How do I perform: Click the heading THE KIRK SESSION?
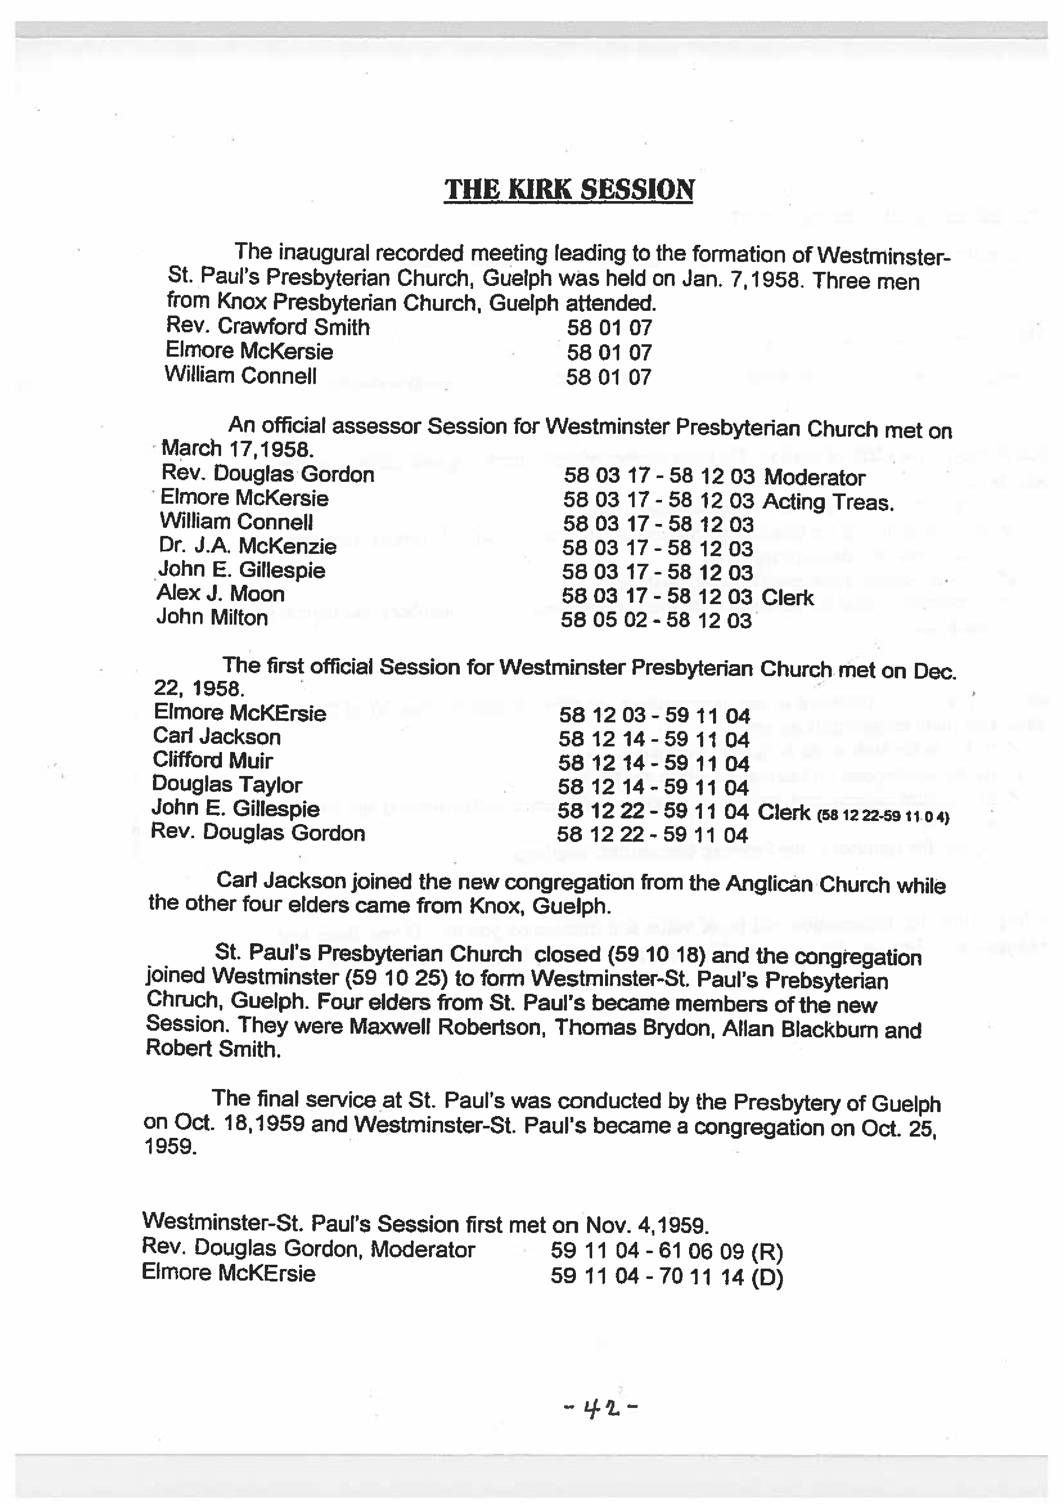click(569, 190)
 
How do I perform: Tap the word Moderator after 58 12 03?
click(814, 477)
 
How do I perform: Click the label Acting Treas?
click(828, 502)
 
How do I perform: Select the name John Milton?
click(212, 617)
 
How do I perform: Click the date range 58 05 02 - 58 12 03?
click(656, 620)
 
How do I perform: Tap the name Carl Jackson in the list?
click(217, 737)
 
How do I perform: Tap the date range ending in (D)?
click(667, 1277)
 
